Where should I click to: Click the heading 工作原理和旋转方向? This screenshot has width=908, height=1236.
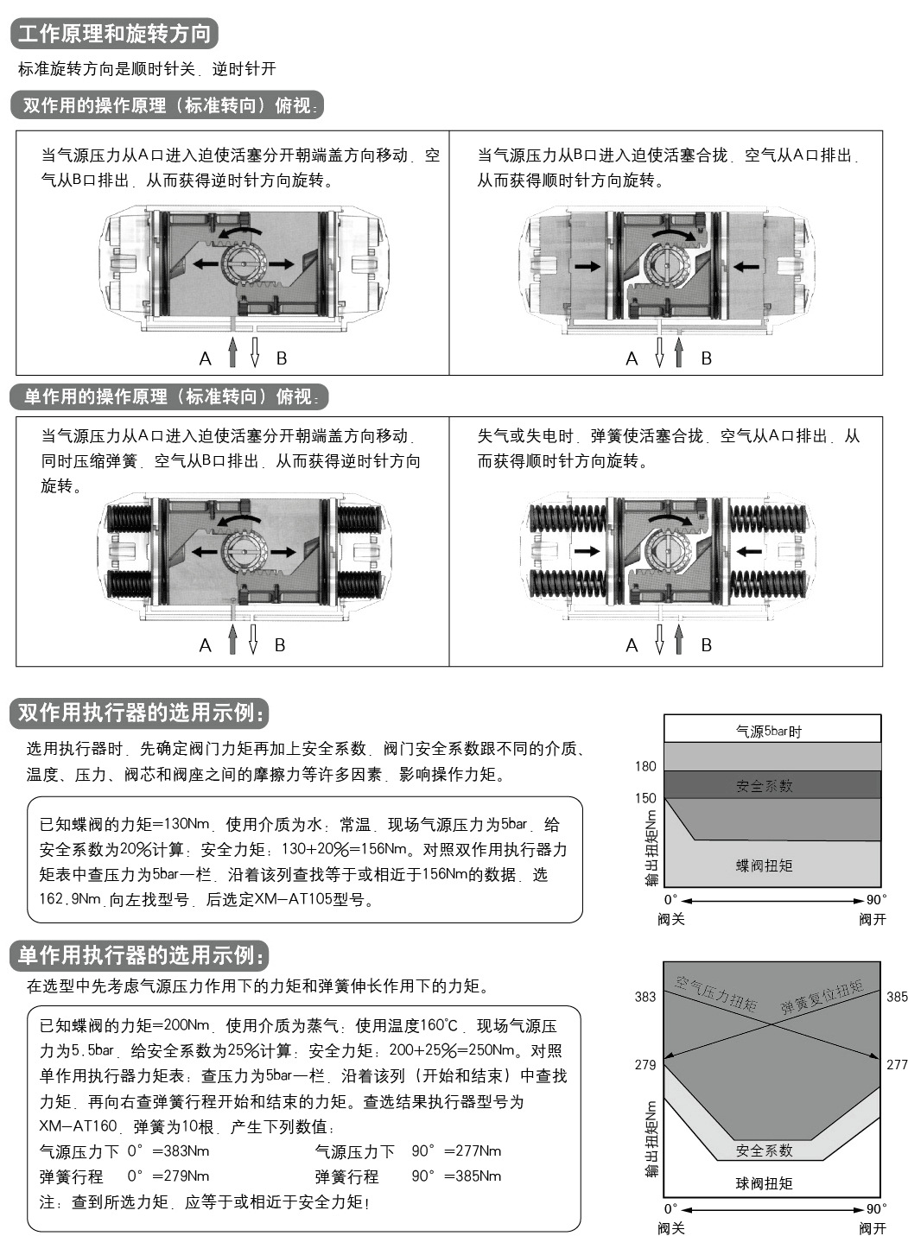114,34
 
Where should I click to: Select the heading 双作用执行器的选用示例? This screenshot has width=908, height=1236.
139,713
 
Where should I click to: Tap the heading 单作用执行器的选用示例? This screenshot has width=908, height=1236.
139,955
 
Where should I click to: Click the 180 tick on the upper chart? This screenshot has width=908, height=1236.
645,766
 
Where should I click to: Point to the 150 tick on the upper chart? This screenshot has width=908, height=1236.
645,798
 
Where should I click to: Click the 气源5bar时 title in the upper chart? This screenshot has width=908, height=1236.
768,732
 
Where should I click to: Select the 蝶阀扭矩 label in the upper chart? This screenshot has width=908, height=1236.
764,865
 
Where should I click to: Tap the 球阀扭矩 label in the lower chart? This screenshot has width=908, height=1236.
764,1183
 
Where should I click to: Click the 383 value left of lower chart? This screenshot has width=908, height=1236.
645,997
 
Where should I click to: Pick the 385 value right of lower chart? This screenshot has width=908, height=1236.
897,997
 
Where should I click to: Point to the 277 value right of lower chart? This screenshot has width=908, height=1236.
897,1064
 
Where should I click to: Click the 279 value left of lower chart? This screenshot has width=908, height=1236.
645,1065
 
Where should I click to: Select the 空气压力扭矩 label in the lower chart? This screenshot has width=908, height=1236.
716,992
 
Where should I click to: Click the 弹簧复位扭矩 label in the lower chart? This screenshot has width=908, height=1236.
822,997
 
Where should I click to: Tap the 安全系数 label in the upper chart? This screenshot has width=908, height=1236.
764,786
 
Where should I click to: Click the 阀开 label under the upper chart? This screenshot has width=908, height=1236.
873,919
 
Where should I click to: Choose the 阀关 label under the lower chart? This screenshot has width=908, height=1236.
670,1228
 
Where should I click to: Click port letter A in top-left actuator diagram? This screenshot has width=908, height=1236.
206,358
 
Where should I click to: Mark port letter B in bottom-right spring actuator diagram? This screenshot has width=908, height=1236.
706,645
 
